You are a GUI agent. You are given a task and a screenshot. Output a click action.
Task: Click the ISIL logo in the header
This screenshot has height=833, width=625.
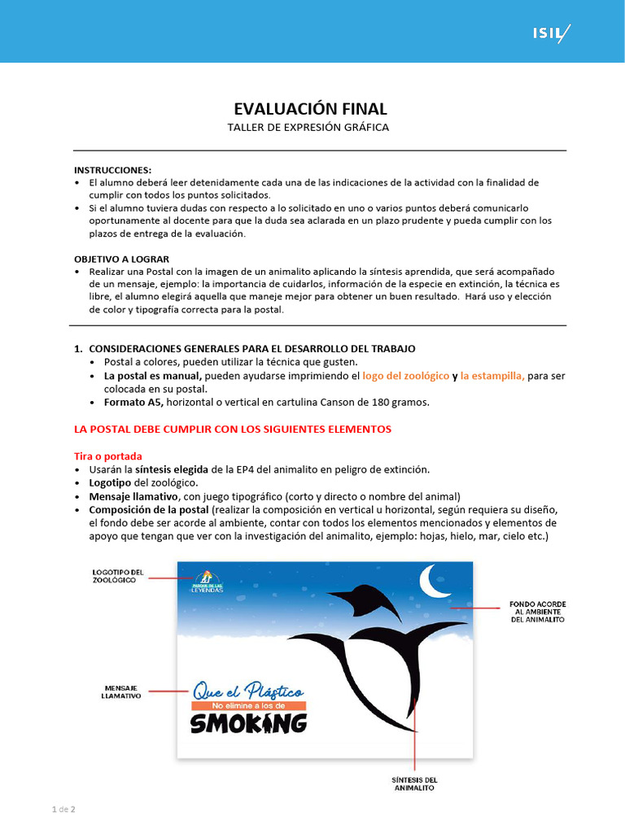[551, 34]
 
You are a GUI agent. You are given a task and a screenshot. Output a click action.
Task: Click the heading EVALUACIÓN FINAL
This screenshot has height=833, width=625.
[311, 109]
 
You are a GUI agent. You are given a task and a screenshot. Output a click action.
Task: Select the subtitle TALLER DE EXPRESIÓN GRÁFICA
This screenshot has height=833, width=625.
[308, 128]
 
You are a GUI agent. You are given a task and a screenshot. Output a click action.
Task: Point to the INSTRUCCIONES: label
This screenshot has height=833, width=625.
[113, 170]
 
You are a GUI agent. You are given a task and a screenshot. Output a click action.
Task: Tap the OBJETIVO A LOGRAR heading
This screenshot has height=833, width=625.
[121, 259]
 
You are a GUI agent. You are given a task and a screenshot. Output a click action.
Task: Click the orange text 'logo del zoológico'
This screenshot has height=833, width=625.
[406, 376]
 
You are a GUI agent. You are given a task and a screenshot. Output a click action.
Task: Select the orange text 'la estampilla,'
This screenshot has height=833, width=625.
[492, 376]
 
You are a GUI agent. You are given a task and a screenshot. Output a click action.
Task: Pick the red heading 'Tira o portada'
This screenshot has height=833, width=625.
[108, 456]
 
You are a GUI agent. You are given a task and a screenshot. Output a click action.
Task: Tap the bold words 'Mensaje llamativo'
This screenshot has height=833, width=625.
[133, 496]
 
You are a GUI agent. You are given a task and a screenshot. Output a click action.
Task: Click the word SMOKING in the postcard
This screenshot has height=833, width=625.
[248, 723]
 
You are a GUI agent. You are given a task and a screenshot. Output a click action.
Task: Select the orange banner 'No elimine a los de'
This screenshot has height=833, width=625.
[247, 705]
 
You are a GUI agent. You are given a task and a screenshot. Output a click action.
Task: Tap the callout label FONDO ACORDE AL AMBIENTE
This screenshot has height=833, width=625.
[538, 612]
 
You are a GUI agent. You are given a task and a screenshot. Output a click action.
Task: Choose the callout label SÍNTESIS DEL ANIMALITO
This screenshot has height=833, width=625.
[415, 783]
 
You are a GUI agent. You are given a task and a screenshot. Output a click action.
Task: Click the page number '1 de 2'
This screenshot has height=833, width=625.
[63, 809]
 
